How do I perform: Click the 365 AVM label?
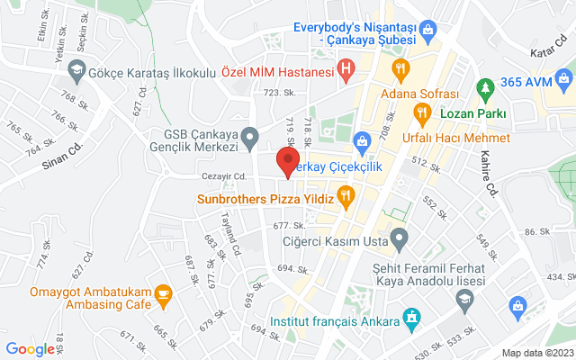(526, 82)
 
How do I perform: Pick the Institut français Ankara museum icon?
(411, 318)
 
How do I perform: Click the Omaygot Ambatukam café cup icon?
(163, 293)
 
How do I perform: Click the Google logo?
(31, 349)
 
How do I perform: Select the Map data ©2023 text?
(536, 353)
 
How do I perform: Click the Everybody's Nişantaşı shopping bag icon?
(428, 33)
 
